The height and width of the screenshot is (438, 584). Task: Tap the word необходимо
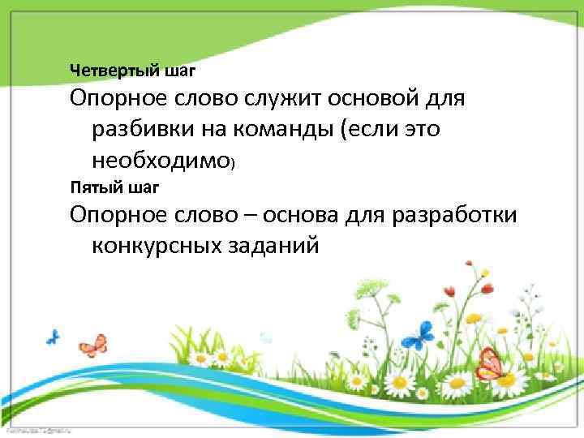[160, 161]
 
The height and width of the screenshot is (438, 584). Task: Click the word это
[420, 131]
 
